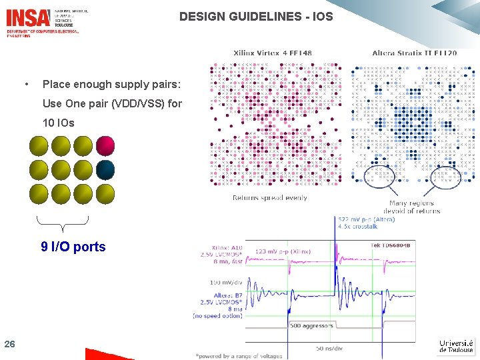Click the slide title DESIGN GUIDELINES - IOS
[x=256, y=17]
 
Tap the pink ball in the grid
[x=105, y=145]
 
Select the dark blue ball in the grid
[x=105, y=169]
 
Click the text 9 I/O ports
[x=73, y=247]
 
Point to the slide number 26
[x=9, y=344]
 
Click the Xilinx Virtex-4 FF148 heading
[x=272, y=53]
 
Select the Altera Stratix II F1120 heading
[x=414, y=53]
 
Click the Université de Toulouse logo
[x=456, y=345]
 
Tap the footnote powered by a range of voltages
[x=239, y=356]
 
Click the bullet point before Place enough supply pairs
[x=25, y=85]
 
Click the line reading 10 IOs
[x=59, y=123]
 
